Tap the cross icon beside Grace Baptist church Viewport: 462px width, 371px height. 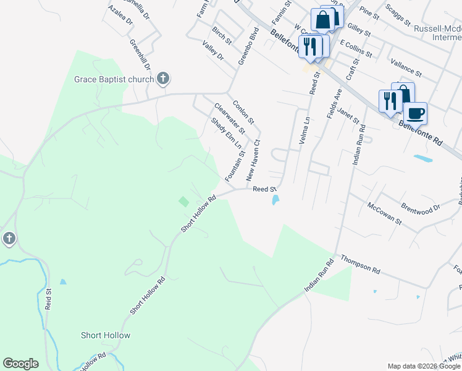(163, 79)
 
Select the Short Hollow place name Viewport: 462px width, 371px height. (106, 335)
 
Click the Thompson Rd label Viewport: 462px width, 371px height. (359, 264)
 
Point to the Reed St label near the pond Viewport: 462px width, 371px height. (263, 189)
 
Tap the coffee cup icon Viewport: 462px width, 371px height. (416, 113)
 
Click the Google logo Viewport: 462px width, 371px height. (20, 364)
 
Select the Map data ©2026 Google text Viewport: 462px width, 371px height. (422, 366)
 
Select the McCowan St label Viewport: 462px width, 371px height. (384, 213)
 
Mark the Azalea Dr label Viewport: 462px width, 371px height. (120, 15)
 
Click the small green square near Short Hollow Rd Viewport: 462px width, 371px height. (183, 202)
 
